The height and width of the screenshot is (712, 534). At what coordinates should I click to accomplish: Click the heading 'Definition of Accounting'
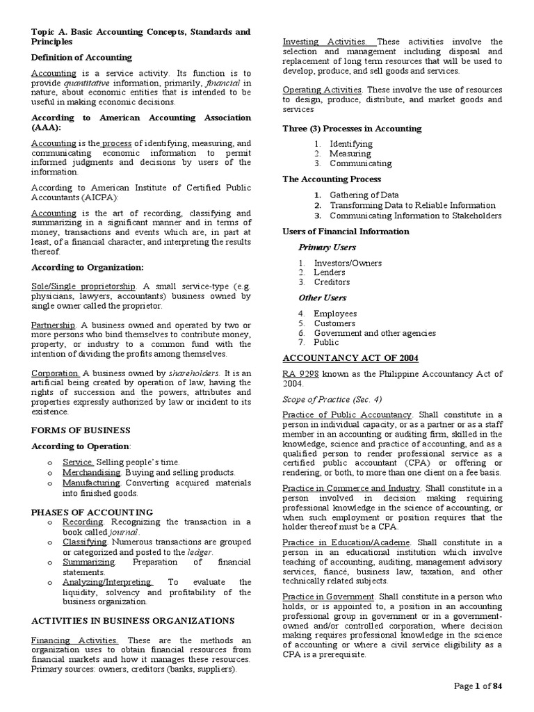(x=81, y=57)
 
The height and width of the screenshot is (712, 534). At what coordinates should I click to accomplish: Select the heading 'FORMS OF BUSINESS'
(x=81, y=430)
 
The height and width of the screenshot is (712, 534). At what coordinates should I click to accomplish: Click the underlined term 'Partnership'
(x=54, y=325)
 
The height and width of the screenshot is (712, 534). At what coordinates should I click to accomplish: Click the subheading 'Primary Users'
(x=327, y=247)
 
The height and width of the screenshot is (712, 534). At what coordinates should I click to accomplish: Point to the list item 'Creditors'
(x=332, y=282)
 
